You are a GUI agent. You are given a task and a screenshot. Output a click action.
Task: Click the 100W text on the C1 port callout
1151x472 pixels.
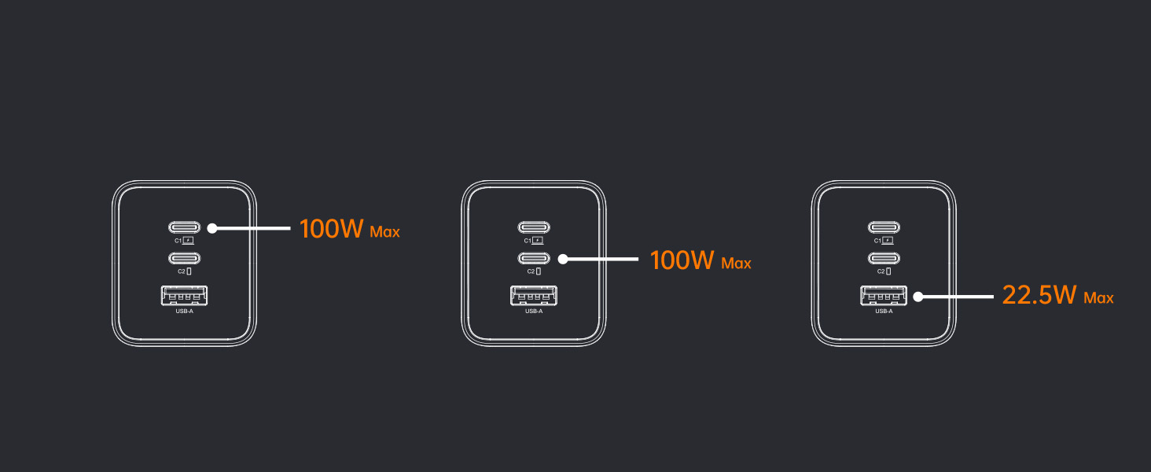tap(331, 229)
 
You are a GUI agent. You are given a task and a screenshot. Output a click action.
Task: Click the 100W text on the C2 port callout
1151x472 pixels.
tap(682, 260)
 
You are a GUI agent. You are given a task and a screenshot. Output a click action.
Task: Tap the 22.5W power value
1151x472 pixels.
tap(1039, 296)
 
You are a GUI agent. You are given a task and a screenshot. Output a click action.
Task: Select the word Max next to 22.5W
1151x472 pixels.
tap(1098, 298)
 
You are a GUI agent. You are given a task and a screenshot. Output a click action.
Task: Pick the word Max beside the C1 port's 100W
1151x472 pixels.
tap(384, 232)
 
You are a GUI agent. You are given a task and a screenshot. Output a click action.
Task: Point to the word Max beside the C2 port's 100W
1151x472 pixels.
tap(736, 264)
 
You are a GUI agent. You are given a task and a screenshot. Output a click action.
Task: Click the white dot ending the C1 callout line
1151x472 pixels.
tap(212, 228)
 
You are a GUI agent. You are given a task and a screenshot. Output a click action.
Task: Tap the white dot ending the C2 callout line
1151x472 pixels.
tap(563, 258)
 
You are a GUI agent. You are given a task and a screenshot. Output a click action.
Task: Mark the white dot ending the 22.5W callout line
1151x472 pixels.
tap(917, 297)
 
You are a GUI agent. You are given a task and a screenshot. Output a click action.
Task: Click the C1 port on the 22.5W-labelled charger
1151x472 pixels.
tap(884, 228)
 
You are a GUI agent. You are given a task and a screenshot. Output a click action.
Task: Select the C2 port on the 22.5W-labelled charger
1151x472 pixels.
tap(884, 258)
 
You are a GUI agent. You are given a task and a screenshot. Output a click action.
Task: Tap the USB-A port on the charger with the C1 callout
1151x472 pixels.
tap(184, 297)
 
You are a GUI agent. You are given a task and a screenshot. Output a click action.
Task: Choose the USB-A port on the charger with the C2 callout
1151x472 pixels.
tap(534, 297)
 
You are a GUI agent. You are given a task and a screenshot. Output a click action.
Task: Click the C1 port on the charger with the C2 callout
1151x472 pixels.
tap(534, 228)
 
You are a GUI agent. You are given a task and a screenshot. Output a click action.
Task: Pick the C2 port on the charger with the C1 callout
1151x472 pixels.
tap(184, 258)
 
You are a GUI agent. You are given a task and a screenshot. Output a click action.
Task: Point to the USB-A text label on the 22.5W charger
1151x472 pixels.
tap(884, 312)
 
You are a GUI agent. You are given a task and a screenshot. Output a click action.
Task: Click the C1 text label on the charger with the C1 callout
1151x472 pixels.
tap(178, 241)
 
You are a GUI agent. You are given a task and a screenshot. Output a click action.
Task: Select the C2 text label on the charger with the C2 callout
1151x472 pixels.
tap(529, 271)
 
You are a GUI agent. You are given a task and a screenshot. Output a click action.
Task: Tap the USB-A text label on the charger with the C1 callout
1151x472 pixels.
tap(184, 312)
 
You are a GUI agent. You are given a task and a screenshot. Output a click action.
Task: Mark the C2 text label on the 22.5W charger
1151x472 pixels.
tap(880, 271)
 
